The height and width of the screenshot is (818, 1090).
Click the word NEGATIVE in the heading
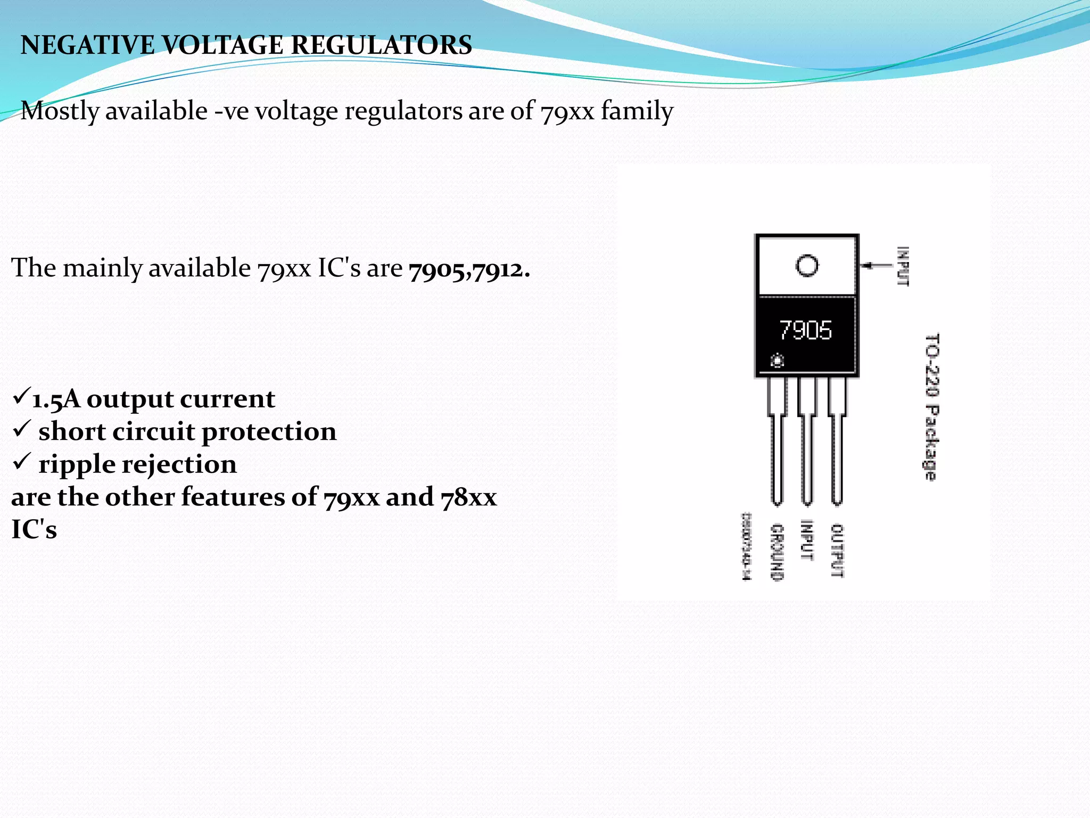coord(87,45)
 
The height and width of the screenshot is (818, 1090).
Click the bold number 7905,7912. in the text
coord(469,269)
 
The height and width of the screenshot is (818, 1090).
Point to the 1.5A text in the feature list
coord(56,399)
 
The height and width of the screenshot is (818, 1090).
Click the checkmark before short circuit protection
coord(21,429)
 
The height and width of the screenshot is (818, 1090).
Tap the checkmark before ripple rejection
coord(21,462)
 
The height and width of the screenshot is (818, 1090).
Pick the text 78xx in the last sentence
coord(468,497)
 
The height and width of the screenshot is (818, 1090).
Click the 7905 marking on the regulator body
coord(805,330)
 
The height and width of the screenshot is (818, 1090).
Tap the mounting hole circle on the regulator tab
coord(807,265)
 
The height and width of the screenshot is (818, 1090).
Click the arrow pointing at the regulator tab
coord(876,265)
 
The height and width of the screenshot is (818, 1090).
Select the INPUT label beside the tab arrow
coord(903,266)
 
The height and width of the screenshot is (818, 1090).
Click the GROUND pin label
coord(777,552)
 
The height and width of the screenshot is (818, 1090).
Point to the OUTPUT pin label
coord(837,551)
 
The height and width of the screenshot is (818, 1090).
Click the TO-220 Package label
coord(931,407)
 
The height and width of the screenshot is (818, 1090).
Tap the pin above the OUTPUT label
coord(837,442)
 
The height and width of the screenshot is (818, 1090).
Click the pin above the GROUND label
coord(777,442)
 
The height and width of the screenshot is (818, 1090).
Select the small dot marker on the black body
coord(777,362)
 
